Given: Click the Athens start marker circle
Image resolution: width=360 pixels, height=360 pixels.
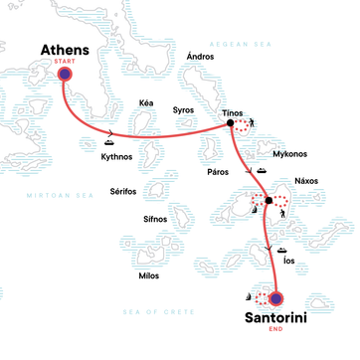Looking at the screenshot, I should click(65, 75).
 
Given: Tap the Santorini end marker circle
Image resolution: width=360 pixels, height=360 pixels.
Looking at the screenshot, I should click(275, 297).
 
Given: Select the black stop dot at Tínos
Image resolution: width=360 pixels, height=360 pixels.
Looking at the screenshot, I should click(231, 123).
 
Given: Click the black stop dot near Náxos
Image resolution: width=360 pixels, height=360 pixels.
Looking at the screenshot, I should click(269, 200).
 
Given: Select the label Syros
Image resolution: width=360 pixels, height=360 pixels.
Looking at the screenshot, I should click(184, 110).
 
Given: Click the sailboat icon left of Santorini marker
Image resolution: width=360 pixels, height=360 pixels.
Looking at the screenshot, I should click(250, 297).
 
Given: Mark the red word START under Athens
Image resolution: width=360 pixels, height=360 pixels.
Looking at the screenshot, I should click(66, 58).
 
